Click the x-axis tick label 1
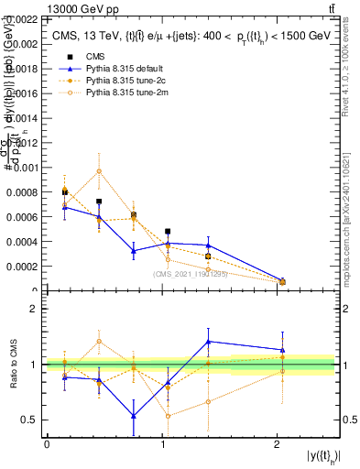[x=162, y=443]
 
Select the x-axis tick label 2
[x=278, y=443]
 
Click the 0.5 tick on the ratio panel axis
[x=29, y=420]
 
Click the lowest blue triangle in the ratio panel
[x=134, y=416]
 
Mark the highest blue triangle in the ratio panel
[x=209, y=341]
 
